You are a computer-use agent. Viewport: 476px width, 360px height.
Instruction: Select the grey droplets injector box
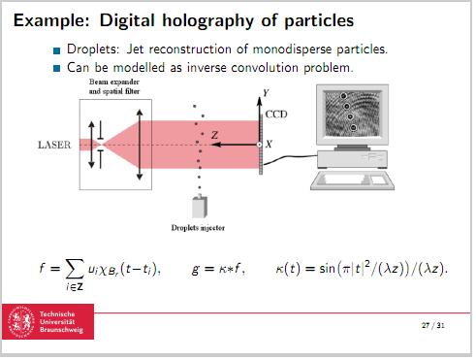click(x=202, y=207)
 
